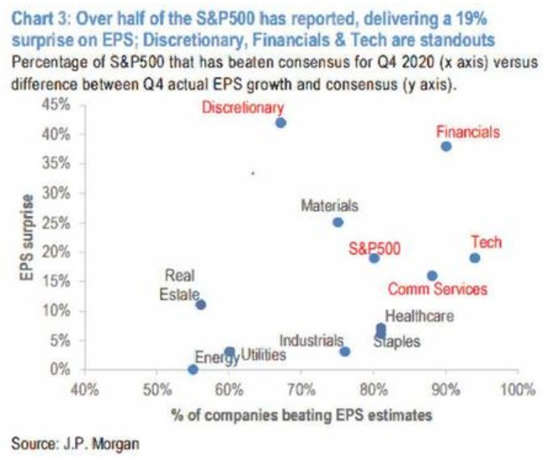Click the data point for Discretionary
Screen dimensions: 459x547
281,122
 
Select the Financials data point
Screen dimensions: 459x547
446,146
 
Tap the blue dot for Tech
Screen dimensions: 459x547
475,258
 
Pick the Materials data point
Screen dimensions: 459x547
338,222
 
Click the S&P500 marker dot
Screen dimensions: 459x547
374,258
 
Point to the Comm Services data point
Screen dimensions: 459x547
432,275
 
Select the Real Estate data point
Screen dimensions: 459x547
201,305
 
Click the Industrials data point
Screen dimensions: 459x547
345,351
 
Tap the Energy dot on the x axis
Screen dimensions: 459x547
193,369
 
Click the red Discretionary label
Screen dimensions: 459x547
242,108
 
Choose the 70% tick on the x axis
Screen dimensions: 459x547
300,389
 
